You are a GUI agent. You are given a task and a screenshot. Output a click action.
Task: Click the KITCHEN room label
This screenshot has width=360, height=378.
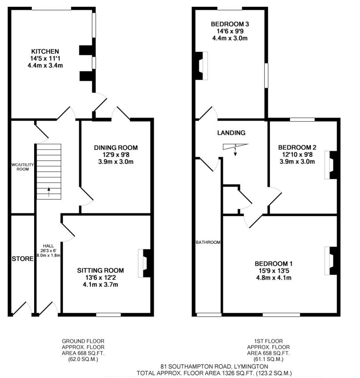point(45,50)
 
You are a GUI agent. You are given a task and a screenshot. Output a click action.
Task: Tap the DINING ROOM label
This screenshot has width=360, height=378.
point(116,148)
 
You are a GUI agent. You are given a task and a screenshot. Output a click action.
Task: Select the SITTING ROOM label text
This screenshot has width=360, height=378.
point(100,270)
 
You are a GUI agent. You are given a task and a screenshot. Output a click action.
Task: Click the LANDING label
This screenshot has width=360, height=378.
point(231,133)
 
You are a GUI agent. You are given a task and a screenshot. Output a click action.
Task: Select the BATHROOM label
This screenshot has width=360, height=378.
point(208,242)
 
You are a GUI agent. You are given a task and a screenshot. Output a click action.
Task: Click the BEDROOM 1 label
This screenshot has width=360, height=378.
point(274,264)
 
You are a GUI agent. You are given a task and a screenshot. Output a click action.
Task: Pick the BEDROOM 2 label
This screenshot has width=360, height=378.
point(297,147)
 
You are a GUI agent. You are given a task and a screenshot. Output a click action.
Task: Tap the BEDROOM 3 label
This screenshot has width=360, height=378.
point(230,24)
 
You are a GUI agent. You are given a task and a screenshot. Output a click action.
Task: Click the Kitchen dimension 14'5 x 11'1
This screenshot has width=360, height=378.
point(45,58)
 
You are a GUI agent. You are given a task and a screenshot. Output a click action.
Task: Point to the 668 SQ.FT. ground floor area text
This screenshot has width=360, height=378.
point(87,354)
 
